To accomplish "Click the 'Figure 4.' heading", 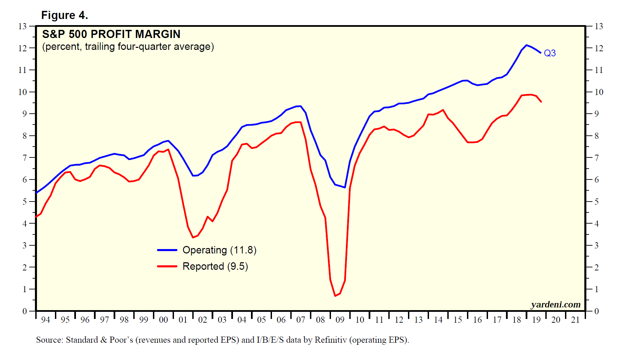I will (x=64, y=15).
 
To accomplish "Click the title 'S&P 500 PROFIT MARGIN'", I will (x=111, y=34).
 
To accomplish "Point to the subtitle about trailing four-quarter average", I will (x=128, y=46).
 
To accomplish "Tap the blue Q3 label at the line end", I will (x=549, y=53).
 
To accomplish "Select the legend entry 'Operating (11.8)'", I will (x=219, y=250).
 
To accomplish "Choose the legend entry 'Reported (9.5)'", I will (x=215, y=266).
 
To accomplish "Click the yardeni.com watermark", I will (x=555, y=304).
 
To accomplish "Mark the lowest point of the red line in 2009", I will (x=335, y=296).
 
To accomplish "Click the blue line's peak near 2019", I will (x=526, y=45).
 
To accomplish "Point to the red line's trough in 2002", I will (x=193, y=237).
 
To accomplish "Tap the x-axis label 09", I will (x=340, y=320).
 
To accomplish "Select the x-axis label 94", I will (x=45, y=320).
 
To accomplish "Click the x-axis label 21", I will (x=575, y=320).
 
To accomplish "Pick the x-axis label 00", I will (x=163, y=320).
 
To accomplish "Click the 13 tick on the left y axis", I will (x=22, y=26).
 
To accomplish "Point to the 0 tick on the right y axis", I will (x=597, y=311).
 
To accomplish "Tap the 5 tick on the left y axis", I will (x=24, y=202).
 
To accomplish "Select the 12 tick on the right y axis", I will (x=599, y=48).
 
